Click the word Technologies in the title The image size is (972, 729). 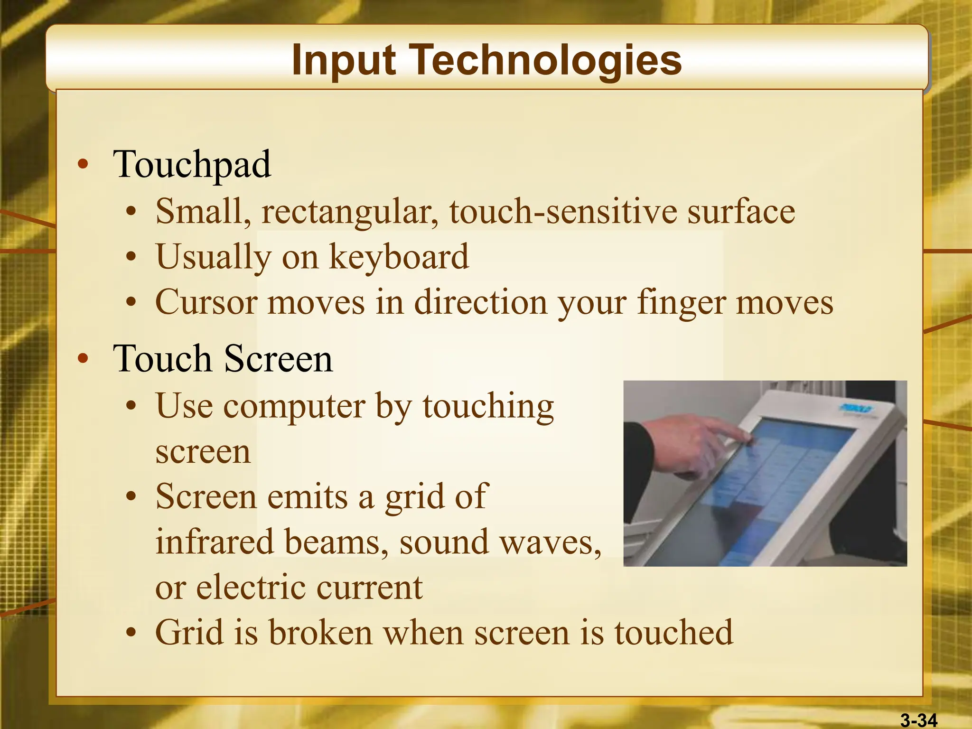546,61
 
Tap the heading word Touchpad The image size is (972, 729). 192,165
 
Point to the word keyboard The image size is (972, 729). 399,257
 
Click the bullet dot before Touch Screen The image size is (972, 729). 84,359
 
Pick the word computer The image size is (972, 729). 294,408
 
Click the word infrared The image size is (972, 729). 215,542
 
